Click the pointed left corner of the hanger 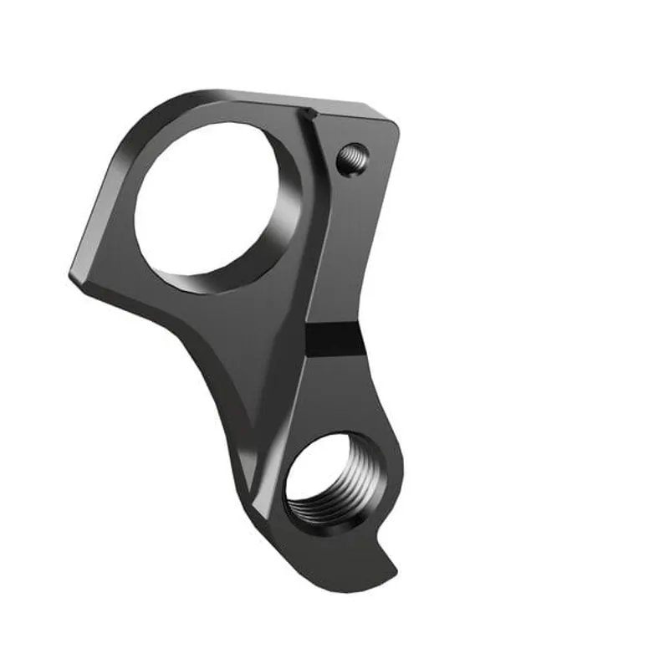click(72, 273)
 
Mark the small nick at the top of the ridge click(310, 113)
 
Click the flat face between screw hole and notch click(351, 243)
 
